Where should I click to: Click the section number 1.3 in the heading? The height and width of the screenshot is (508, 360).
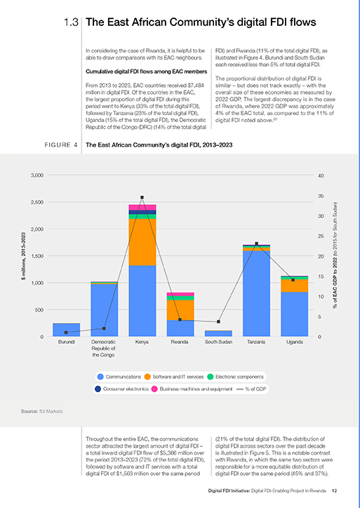(71, 22)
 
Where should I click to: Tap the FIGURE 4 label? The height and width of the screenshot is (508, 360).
(61, 145)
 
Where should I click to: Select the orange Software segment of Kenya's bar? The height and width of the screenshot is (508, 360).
(142, 242)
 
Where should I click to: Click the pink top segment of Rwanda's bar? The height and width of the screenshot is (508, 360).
(180, 294)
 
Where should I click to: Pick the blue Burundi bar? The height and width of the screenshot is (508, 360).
(67, 330)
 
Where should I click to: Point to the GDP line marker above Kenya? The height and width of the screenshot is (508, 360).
(142, 197)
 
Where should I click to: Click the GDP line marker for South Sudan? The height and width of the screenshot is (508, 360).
(218, 322)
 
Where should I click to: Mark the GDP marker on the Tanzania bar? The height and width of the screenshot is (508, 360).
(256, 243)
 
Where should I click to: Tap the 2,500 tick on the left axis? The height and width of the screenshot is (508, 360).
(37, 202)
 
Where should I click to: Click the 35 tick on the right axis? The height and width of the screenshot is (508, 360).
(321, 196)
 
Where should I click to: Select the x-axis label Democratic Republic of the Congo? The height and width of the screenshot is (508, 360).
(103, 348)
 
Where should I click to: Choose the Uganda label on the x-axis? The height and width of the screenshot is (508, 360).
(295, 342)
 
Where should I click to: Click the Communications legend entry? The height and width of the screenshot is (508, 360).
(119, 377)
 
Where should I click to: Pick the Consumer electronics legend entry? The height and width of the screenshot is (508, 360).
(121, 389)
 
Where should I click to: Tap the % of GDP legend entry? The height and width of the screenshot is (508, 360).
(251, 389)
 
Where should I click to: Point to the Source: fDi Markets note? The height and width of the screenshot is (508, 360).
(42, 411)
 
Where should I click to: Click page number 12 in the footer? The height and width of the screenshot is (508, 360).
(335, 490)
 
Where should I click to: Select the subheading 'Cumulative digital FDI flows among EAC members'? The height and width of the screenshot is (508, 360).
(147, 72)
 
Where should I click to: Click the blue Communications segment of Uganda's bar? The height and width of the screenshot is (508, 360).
(295, 314)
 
